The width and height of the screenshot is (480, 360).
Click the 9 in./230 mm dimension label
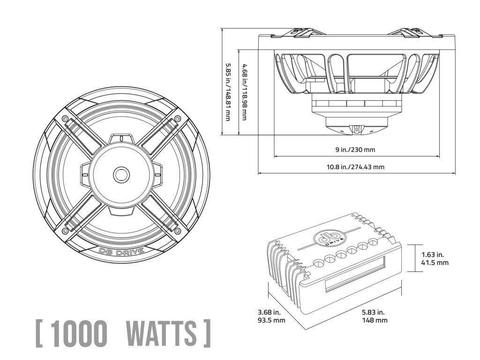[355, 149]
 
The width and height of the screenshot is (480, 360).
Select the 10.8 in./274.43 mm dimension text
[355, 167]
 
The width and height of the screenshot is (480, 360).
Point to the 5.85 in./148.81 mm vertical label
[228, 92]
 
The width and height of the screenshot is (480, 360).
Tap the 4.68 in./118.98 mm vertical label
[245, 92]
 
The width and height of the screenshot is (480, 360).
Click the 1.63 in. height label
[433, 255]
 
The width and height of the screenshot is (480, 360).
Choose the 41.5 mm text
[435, 263]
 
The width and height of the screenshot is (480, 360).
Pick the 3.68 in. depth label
[269, 312]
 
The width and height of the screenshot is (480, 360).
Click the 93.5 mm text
[272, 320]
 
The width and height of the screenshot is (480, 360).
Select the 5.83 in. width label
[373, 312]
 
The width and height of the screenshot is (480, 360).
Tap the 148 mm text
[375, 320]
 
